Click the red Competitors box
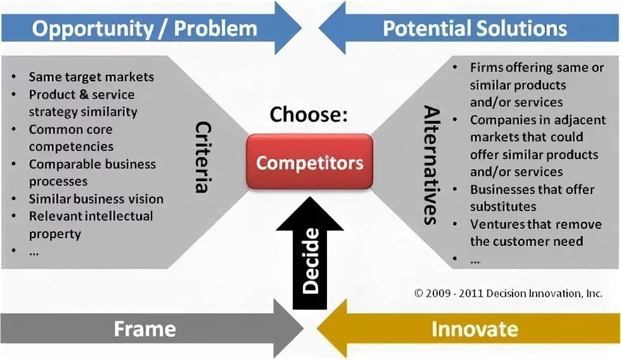(309, 162)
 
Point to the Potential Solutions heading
(475, 29)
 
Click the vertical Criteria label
(203, 156)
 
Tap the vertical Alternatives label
(430, 165)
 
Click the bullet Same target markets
(91, 77)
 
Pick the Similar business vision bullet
(96, 198)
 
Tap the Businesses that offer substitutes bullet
(531, 198)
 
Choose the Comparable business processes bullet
(93, 172)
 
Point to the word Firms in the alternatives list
(485, 67)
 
